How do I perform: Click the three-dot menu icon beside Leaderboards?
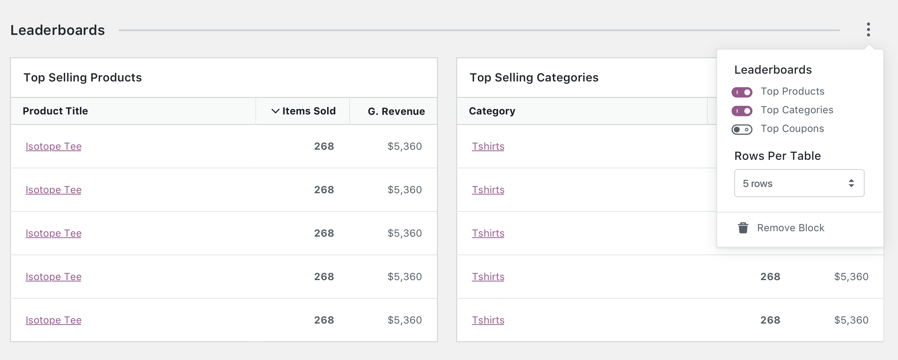[868, 29]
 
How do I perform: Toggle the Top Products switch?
[742, 92]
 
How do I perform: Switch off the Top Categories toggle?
[742, 111]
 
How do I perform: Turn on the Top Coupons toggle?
[742, 130]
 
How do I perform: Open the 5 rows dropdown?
[799, 183]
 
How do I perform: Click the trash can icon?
[743, 228]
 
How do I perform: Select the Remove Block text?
[791, 228]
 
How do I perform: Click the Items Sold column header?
[309, 111]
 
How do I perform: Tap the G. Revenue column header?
[396, 111]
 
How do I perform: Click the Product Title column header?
[55, 111]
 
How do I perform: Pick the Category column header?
[492, 111]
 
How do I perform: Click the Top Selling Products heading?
[83, 78]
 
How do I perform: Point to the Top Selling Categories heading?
[534, 78]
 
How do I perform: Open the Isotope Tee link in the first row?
[54, 146]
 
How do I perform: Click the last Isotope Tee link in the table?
[54, 320]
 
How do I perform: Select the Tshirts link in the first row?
[488, 146]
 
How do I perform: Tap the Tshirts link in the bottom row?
[488, 320]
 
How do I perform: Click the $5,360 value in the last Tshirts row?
[851, 320]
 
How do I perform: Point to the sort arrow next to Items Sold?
[275, 111]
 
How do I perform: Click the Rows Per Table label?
[777, 156]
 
